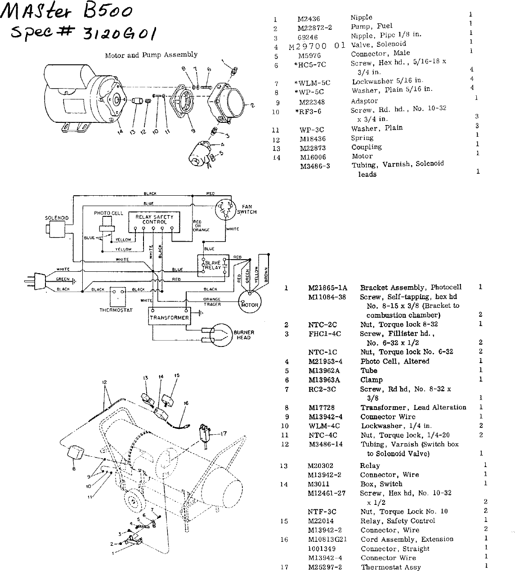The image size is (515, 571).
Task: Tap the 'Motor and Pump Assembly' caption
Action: tap(151, 55)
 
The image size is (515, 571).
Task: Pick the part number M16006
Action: tap(313, 157)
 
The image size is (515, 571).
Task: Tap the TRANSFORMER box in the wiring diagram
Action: tap(169, 317)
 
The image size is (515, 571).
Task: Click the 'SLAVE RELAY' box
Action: tap(213, 265)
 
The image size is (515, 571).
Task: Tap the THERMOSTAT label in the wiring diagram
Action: tap(116, 310)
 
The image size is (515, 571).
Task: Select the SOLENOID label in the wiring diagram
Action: tap(57, 218)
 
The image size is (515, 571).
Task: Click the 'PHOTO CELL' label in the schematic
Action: tap(108, 213)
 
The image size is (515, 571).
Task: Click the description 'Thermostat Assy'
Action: tap(390, 567)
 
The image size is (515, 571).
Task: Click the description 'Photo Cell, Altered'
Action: tap(394, 361)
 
